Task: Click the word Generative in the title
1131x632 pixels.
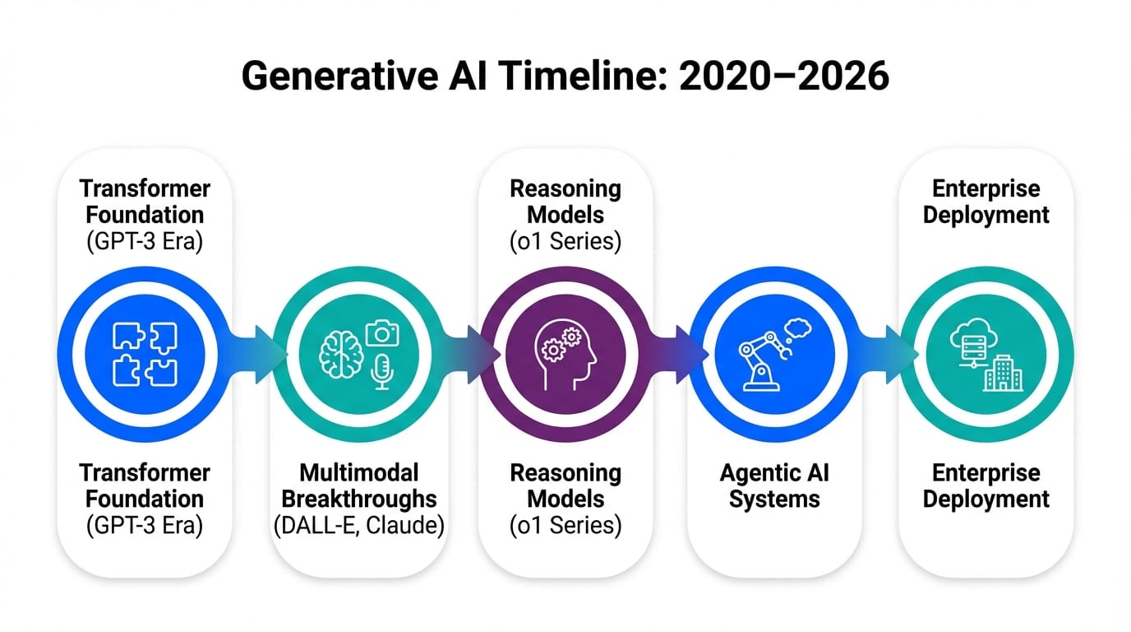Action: click(x=339, y=76)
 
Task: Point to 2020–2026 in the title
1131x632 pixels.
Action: click(x=784, y=76)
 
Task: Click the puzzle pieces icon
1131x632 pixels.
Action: click(x=145, y=355)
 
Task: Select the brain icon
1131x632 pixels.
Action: click(x=341, y=355)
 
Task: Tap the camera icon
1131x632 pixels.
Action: click(x=382, y=333)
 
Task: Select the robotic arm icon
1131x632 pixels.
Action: click(x=764, y=361)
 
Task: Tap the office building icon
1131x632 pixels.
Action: click(x=1003, y=374)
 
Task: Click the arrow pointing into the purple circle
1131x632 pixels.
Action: click(x=467, y=355)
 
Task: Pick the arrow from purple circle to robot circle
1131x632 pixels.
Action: click(x=676, y=355)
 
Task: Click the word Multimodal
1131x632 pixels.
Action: click(x=359, y=473)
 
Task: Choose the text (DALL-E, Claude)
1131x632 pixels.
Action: click(x=359, y=525)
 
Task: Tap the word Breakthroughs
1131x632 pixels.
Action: click(x=359, y=499)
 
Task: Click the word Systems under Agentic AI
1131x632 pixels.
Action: click(x=774, y=499)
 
